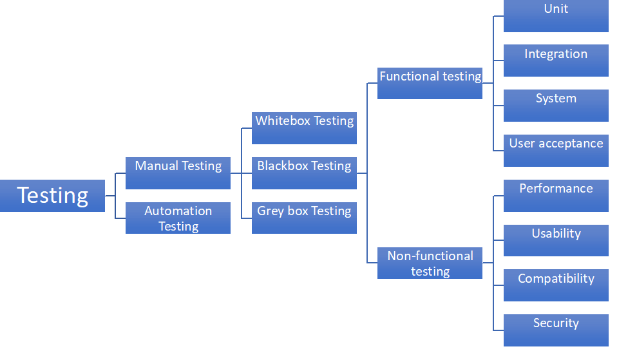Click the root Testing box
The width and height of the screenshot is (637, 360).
52,196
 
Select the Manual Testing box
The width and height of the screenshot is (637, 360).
178,173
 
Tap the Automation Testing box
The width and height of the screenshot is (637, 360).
178,218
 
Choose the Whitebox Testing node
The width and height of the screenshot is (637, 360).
304,128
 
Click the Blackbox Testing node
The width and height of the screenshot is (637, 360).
304,173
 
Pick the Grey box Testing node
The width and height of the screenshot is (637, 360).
304,218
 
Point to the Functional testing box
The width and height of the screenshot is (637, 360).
430,83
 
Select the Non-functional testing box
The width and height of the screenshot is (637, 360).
430,263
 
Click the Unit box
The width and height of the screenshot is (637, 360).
556,15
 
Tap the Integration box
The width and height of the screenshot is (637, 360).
556,61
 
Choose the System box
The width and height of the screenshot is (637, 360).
556,106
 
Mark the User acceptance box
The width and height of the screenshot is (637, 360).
556,151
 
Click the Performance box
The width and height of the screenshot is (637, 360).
556,196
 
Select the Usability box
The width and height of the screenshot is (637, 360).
556,241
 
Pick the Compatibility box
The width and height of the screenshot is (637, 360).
556,286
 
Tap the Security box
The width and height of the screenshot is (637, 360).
556,330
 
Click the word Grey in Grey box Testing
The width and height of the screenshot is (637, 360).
271,211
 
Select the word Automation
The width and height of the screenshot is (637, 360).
178,211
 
